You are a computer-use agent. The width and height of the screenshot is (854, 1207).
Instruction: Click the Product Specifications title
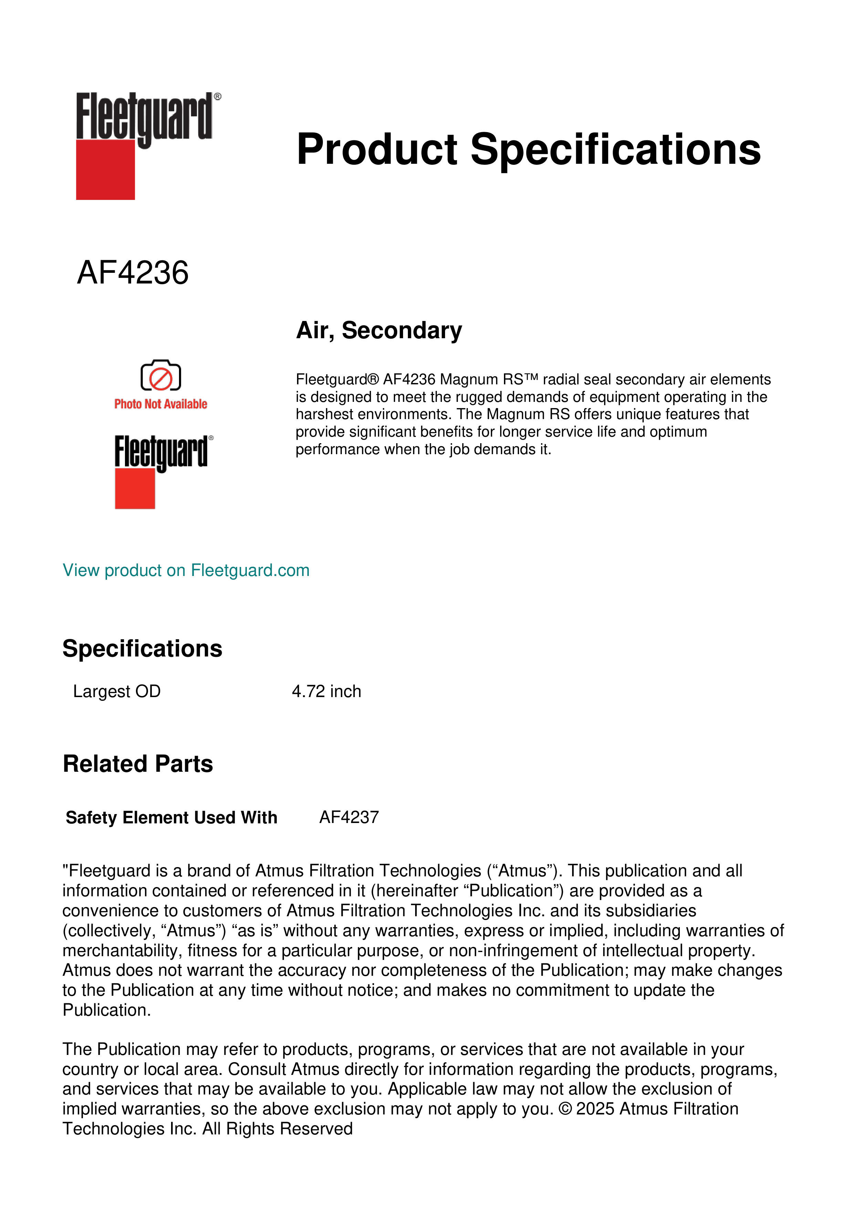point(528,149)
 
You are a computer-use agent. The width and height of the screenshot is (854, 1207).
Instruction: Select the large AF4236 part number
point(133,273)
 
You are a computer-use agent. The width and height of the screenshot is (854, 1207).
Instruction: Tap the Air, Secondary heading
point(379,330)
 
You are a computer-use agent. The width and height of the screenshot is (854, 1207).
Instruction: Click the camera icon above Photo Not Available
point(160,376)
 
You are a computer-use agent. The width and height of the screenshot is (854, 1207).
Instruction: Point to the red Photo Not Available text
point(160,404)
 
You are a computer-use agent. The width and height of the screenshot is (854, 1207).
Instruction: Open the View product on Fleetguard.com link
point(186,570)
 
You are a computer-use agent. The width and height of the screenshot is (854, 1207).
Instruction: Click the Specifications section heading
point(142,649)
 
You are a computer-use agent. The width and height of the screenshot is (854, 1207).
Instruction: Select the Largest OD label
point(117,691)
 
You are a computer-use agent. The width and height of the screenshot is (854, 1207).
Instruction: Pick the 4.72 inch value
point(326,691)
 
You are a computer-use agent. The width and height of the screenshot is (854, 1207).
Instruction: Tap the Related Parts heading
point(138,764)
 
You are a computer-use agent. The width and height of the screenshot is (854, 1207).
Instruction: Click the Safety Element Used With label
point(171,818)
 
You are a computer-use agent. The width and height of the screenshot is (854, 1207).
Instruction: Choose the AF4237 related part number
point(349,818)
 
